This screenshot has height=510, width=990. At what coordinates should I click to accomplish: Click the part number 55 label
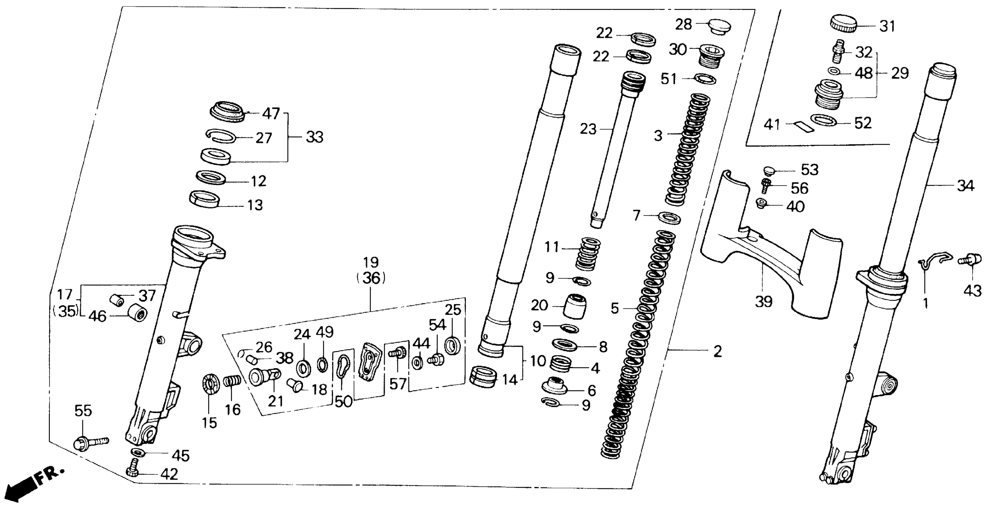83,411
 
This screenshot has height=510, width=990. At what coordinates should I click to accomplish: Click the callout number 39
763,302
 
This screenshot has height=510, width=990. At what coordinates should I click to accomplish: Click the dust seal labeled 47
227,112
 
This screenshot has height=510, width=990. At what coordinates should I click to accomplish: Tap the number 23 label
588,129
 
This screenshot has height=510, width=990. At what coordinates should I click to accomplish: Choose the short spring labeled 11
588,254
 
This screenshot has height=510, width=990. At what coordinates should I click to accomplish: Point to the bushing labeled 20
575,306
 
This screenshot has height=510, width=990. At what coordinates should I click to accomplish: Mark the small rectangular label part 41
804,127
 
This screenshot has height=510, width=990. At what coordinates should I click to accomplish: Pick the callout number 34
965,186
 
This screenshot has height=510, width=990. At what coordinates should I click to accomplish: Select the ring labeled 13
205,199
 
